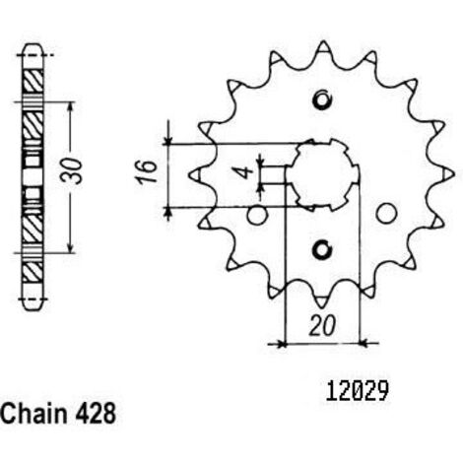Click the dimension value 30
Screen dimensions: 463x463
pos(72,171)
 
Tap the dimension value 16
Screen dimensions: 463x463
pos(146,171)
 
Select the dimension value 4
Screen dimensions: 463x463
pos(245,172)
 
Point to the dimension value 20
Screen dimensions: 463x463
pos(323,326)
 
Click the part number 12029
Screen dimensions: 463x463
pos(357,391)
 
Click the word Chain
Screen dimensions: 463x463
pos(33,413)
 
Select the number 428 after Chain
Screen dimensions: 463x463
pos(96,414)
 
